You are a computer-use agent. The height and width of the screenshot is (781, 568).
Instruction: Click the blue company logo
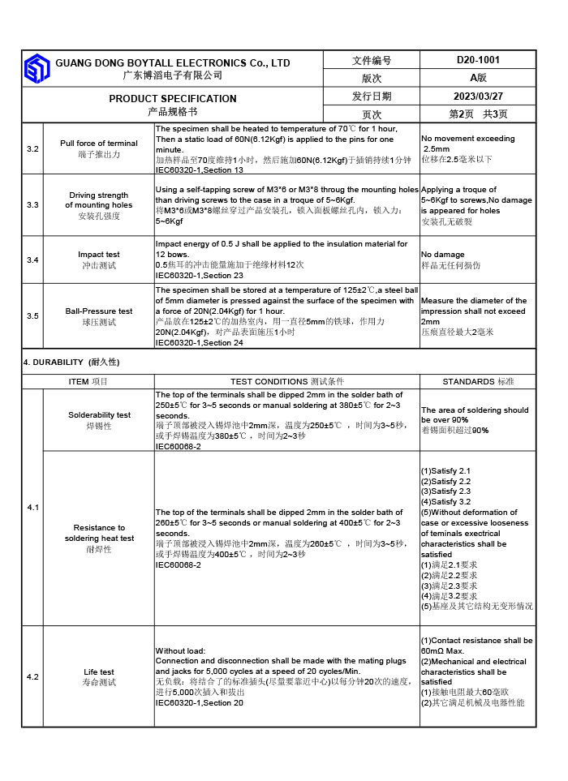click(37, 69)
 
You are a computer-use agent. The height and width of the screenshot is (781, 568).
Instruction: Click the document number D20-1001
click(478, 60)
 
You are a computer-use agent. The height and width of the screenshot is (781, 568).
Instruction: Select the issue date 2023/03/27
click(478, 96)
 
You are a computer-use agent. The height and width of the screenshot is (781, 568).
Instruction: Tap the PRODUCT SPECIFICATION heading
click(173, 99)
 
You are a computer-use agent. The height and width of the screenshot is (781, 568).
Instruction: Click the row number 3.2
click(32, 149)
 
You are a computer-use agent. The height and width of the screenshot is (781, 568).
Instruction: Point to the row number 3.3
click(32, 205)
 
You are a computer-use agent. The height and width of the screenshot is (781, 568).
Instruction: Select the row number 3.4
click(32, 260)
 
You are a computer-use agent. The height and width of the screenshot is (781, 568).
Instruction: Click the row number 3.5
click(32, 316)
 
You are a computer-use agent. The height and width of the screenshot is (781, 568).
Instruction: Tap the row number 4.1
click(32, 507)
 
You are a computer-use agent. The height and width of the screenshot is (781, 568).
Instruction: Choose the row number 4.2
click(32, 676)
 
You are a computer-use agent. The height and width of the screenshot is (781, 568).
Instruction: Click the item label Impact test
click(98, 255)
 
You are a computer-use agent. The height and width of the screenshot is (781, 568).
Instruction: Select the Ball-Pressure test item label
click(98, 311)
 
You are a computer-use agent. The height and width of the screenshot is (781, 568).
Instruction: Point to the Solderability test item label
click(99, 415)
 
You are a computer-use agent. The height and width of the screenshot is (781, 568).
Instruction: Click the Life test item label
click(99, 672)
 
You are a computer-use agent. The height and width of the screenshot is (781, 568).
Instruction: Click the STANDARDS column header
click(478, 381)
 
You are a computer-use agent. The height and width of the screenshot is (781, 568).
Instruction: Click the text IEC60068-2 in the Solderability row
click(178, 446)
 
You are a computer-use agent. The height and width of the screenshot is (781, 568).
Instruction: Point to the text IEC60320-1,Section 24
click(199, 343)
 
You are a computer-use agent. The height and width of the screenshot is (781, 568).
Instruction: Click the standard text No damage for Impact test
click(443, 255)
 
